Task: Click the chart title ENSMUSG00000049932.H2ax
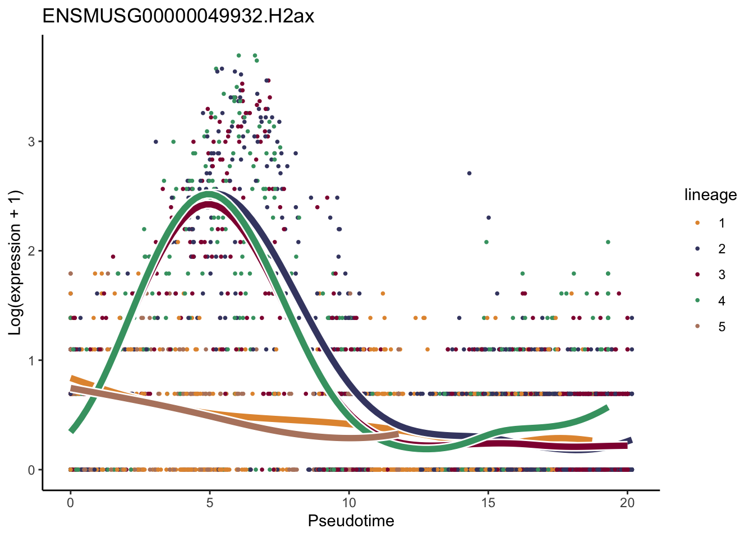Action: click(178, 16)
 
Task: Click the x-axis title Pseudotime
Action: click(351, 521)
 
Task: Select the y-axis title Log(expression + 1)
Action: click(16, 263)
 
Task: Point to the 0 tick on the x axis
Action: click(70, 503)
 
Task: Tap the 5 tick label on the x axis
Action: click(209, 503)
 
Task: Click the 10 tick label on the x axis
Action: click(349, 503)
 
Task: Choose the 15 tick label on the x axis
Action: click(488, 503)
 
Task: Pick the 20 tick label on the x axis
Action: click(627, 503)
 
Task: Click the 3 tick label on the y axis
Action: click(31, 141)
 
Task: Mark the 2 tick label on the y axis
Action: click(31, 251)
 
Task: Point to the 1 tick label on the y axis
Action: click(31, 360)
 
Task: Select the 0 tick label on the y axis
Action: click(31, 470)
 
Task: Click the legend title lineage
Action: click(710, 195)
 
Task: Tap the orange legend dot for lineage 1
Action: click(697, 223)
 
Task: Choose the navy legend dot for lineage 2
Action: click(697, 249)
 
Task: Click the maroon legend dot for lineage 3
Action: click(697, 275)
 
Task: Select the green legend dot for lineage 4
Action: click(697, 301)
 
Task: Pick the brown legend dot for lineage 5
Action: click(697, 327)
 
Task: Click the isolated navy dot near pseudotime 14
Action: click(469, 173)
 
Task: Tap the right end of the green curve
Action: click(607, 409)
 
